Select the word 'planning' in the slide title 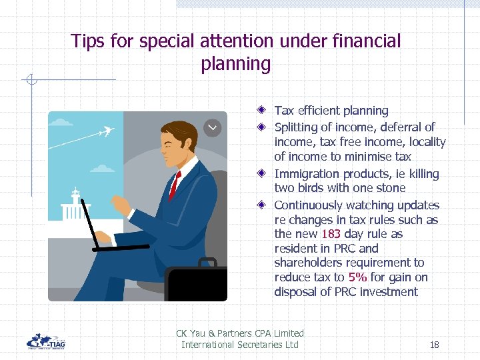pos(235,64)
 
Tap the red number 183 pos(331,234)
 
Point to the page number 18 pos(434,345)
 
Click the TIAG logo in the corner pos(45,341)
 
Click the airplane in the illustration pos(104,132)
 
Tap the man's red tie pos(175,185)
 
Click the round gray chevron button pos(212,127)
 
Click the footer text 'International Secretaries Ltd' pos(240,345)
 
